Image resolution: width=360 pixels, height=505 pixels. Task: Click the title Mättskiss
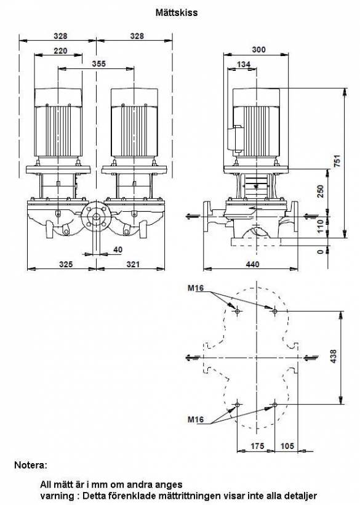(177, 13)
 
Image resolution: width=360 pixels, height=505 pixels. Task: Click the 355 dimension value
(98, 64)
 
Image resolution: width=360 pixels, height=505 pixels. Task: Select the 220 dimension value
(60, 50)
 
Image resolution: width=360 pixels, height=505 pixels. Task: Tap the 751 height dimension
(337, 161)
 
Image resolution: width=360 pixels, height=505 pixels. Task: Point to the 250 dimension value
(321, 192)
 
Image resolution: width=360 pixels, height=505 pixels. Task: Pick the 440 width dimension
(252, 264)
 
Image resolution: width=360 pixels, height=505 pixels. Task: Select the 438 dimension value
(334, 357)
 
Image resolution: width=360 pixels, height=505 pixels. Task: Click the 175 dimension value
(257, 446)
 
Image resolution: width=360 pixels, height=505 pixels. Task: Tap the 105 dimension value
(287, 446)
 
